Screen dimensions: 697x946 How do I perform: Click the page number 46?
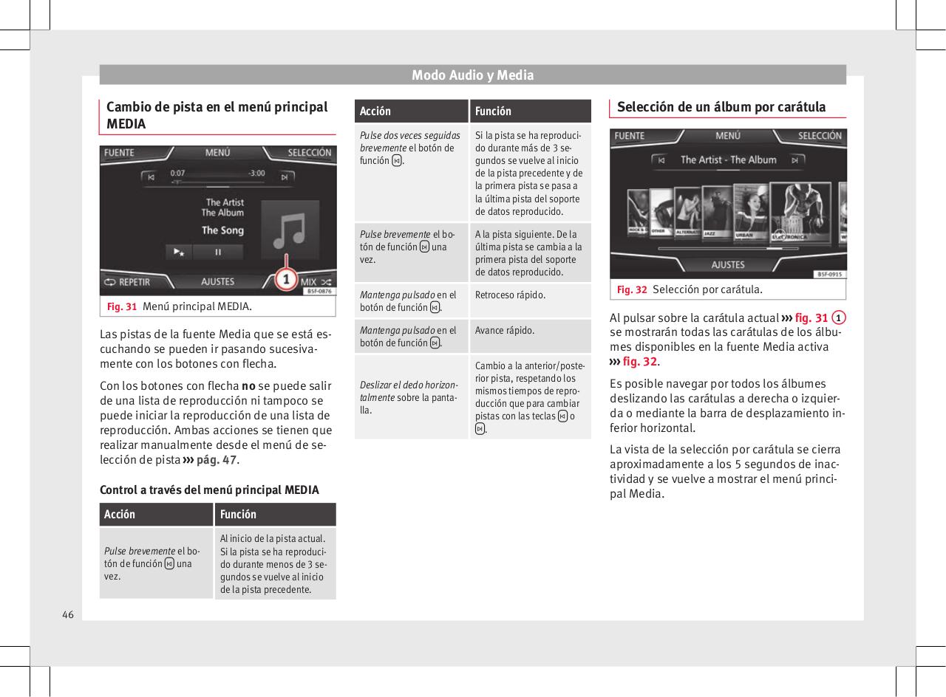[x=67, y=614]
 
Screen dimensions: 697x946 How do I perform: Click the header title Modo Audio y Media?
[x=472, y=75]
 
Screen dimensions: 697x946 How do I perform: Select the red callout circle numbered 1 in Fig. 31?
[x=286, y=280]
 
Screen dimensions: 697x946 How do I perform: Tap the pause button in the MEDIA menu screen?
[x=218, y=252]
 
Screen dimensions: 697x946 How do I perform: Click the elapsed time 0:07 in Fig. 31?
[x=178, y=173]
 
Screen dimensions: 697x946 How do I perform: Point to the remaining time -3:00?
[x=256, y=173]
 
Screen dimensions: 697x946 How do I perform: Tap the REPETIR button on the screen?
[x=126, y=282]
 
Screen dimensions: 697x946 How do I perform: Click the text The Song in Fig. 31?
[x=222, y=230]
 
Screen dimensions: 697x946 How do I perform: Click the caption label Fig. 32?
[x=632, y=289]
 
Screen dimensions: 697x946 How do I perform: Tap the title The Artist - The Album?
[x=728, y=159]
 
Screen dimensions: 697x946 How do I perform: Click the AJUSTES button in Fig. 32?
[x=727, y=264]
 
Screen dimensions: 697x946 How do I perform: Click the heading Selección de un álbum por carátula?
[x=721, y=107]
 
